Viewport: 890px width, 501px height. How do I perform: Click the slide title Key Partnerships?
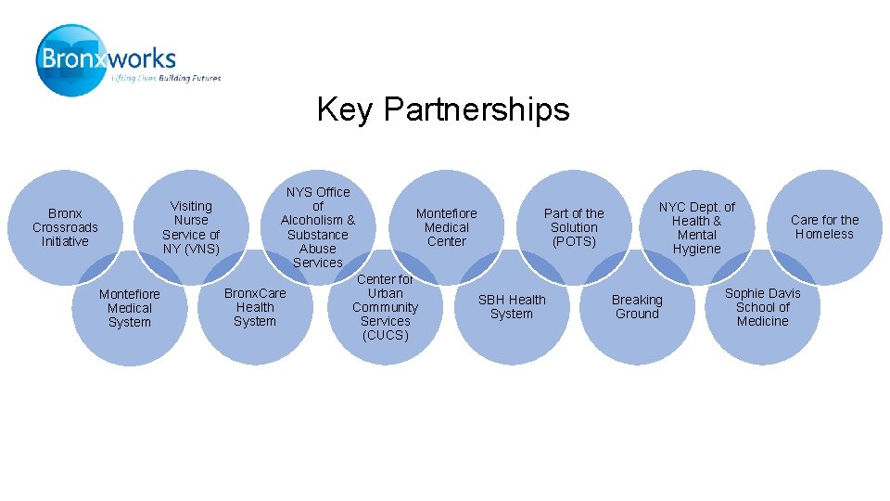(443, 109)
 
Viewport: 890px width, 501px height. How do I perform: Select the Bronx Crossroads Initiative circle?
(65, 227)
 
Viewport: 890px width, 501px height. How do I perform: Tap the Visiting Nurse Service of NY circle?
(191, 227)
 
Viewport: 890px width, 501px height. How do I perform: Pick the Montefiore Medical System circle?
(129, 308)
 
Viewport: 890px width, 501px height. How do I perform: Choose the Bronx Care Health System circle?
(255, 307)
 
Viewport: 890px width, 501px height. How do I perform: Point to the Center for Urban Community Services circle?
(385, 307)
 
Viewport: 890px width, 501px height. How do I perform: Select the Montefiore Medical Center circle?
(446, 227)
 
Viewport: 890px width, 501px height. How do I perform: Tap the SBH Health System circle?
(512, 307)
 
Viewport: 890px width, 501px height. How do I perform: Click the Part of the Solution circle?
(574, 227)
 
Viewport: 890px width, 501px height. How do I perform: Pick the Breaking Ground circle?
(637, 307)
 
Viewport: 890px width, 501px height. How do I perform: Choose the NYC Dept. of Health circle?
(697, 227)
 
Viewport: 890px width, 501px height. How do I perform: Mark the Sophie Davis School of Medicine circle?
(762, 307)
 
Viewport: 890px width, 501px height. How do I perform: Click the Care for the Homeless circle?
(824, 227)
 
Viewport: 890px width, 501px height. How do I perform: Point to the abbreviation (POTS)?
(574, 241)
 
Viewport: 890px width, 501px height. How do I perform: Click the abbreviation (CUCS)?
(385, 335)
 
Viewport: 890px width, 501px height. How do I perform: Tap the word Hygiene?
(696, 249)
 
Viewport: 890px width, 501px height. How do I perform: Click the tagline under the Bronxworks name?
(166, 79)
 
